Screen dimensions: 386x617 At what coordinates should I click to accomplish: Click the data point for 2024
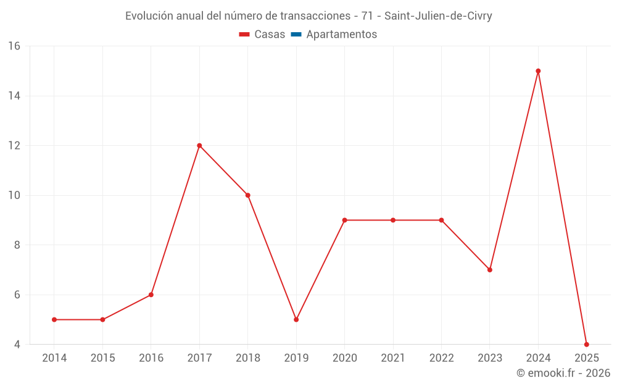point(538,71)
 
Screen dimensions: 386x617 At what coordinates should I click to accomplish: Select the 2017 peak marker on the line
point(199,146)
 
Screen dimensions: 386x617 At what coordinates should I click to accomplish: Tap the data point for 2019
point(296,319)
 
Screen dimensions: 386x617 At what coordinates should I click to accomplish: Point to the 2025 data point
point(586,345)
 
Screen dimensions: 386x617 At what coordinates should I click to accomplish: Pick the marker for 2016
point(151,295)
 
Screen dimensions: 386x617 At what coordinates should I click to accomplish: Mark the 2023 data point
point(489,270)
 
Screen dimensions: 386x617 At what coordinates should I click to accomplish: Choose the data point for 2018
point(247,195)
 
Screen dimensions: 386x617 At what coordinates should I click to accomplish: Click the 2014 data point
point(54,319)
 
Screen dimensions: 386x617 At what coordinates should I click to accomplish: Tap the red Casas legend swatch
point(244,35)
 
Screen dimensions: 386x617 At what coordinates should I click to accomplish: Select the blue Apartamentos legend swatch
point(296,35)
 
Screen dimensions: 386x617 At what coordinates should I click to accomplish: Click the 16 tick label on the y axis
point(14,46)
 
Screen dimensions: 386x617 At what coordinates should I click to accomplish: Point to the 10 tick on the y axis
point(14,195)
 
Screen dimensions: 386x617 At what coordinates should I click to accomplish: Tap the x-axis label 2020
point(344,358)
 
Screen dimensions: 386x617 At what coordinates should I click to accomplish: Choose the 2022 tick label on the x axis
point(441,358)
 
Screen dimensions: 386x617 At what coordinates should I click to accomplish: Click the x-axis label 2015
point(102,358)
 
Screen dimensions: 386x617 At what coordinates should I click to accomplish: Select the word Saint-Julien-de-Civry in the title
point(438,16)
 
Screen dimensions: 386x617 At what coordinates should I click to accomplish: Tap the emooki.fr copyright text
point(563,373)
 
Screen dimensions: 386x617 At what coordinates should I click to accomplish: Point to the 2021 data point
point(393,220)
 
